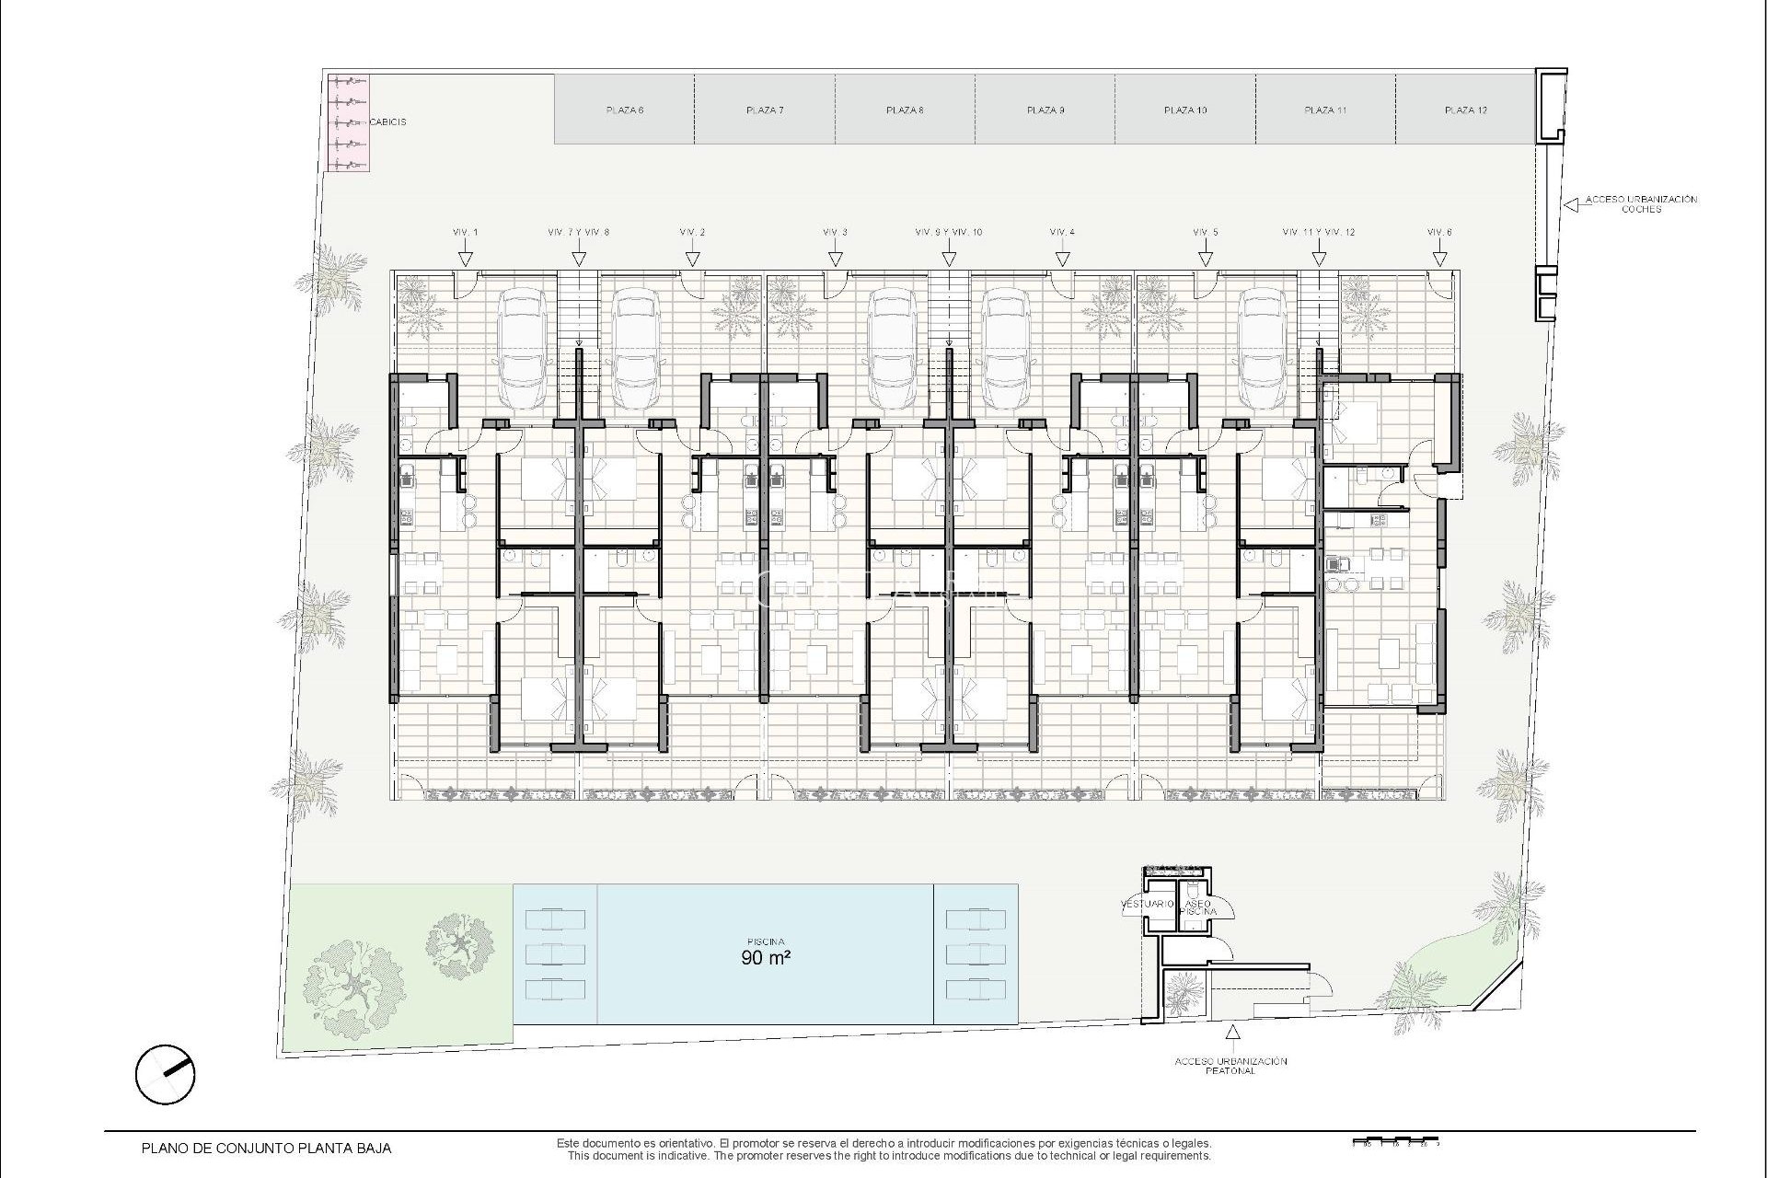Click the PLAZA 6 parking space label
click(x=624, y=110)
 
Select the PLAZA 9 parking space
click(x=1045, y=110)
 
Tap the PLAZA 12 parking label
click(x=1465, y=110)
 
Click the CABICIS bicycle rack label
click(x=387, y=121)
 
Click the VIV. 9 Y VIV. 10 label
click(x=948, y=232)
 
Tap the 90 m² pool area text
click(x=766, y=957)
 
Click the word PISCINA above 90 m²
click(x=766, y=941)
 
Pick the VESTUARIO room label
click(x=1147, y=904)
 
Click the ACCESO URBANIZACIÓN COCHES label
click(x=1640, y=203)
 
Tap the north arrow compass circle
click(x=165, y=1074)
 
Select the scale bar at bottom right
click(x=1393, y=1142)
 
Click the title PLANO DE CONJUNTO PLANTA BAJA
click(x=266, y=1148)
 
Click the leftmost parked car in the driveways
click(x=521, y=350)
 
